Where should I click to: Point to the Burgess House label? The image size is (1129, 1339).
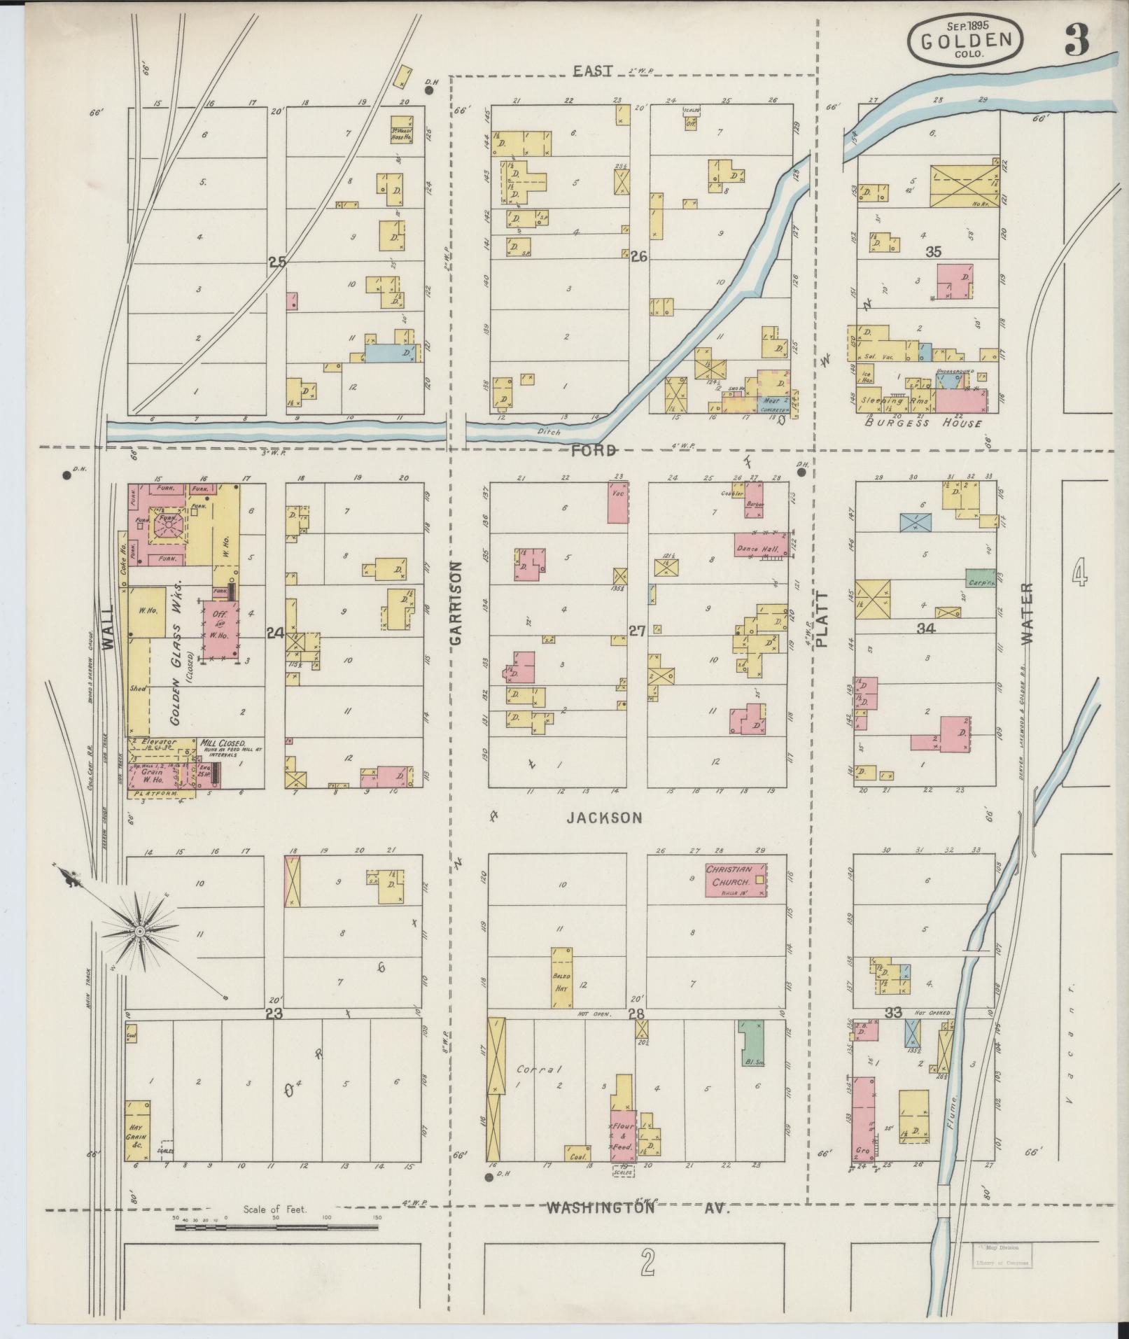[923, 423]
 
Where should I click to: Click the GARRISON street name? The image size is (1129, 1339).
[457, 603]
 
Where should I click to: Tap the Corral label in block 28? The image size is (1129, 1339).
[531, 1069]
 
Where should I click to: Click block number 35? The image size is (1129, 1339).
[932, 252]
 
